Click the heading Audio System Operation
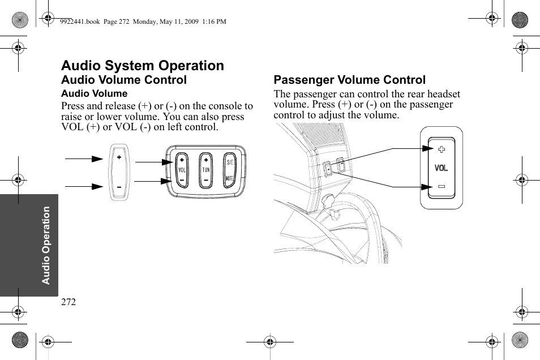(143, 66)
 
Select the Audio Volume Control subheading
(123, 80)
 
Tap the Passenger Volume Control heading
(349, 80)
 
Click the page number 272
(68, 302)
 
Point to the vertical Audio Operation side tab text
(46, 245)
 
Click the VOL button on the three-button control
(182, 170)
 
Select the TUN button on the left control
(205, 170)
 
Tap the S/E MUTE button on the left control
(229, 170)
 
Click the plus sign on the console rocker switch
(119, 157)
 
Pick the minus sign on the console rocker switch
(119, 186)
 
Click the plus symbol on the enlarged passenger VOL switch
(441, 149)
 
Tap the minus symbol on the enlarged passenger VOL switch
(441, 186)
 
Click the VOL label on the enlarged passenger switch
(441, 168)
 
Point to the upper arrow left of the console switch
(84, 160)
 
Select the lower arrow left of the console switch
(84, 186)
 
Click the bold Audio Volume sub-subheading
(94, 94)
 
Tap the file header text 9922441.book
(79, 22)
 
